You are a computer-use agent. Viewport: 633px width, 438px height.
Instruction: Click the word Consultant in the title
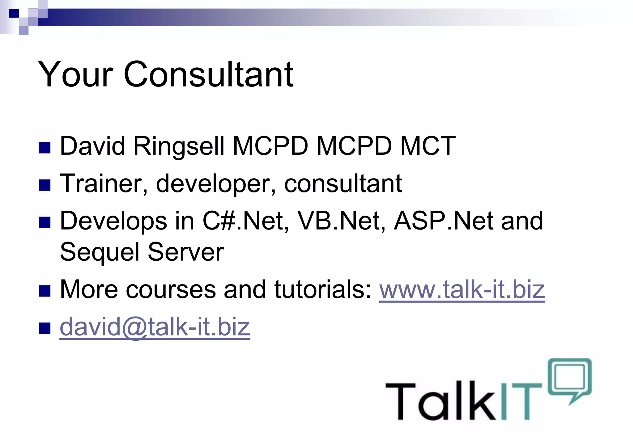coord(208,74)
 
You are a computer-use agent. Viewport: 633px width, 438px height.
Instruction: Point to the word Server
coord(185,252)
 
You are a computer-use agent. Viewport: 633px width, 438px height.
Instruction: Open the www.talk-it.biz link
coord(462,289)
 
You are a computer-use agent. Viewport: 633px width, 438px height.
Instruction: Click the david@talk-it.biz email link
coord(155,327)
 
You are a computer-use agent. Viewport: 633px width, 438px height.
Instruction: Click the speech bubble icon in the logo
coord(570,378)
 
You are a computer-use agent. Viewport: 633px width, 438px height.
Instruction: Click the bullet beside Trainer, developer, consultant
coord(45,185)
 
